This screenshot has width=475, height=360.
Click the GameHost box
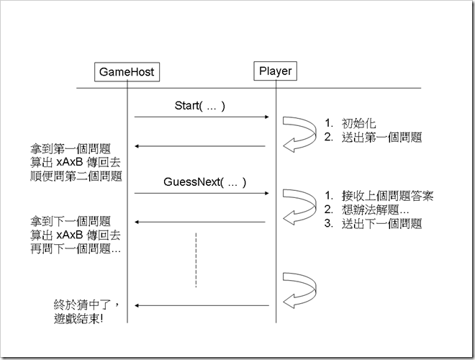click(x=127, y=72)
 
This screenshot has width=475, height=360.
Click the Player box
click(x=275, y=71)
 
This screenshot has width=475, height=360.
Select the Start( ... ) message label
click(x=200, y=106)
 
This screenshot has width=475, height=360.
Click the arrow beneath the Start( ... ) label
click(x=202, y=117)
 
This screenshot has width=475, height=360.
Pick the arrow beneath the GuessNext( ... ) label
click(x=202, y=193)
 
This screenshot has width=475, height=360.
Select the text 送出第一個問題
click(x=382, y=136)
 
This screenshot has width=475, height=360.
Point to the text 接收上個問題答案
click(x=388, y=195)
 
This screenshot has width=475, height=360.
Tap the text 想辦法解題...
click(x=376, y=210)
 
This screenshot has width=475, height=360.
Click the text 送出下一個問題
click(x=382, y=224)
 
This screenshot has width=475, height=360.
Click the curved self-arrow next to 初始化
click(x=297, y=134)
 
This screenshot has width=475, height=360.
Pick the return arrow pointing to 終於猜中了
click(x=202, y=305)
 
